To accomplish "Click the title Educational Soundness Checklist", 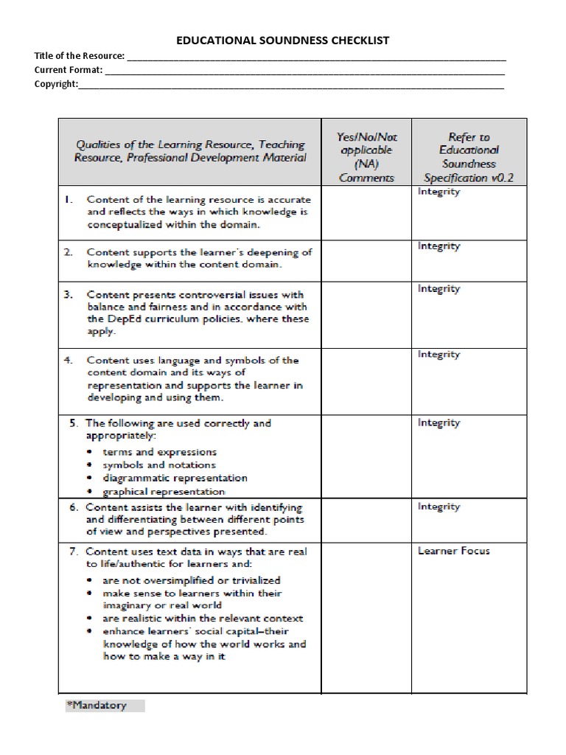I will click(x=283, y=41).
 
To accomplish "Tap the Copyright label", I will click(x=56, y=84).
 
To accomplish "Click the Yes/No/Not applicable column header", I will click(x=366, y=157).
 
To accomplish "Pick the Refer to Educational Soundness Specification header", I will click(x=469, y=157).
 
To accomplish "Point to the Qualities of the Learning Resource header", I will click(x=189, y=151).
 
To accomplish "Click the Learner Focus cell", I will click(x=453, y=551).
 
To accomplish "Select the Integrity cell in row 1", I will click(x=439, y=192).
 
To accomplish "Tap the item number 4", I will click(x=68, y=361).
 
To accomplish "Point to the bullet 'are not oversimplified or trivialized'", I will click(x=191, y=580).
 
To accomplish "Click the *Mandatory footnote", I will click(x=97, y=706).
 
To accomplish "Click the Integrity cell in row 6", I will click(x=439, y=507).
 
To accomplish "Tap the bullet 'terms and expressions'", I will click(x=159, y=452).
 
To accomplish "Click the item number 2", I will click(x=68, y=252).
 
